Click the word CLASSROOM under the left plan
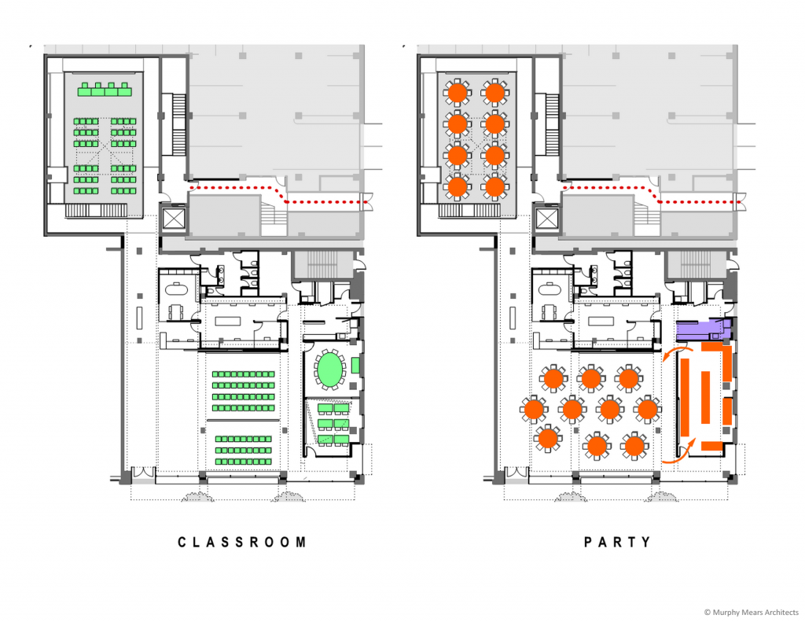point(242,543)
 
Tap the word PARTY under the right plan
point(618,543)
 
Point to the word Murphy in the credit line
point(724,613)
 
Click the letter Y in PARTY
point(646,543)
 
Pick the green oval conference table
point(329,368)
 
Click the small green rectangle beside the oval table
point(356,365)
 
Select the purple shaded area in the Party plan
point(704,329)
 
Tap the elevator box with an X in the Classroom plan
point(173,219)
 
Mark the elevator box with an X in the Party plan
point(546,219)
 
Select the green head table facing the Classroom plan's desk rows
point(105,90)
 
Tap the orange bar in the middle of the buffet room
point(705,397)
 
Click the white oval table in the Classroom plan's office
point(176,288)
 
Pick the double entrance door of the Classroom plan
point(143,473)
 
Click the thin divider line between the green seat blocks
point(244,420)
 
